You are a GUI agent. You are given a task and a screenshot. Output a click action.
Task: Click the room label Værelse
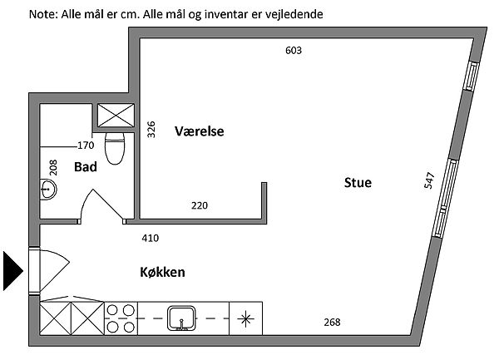point(200,131)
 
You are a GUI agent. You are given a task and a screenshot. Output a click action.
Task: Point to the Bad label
point(86,167)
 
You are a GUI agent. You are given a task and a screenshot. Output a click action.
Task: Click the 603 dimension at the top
point(293,50)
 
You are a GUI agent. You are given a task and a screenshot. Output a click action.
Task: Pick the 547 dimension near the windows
point(429,181)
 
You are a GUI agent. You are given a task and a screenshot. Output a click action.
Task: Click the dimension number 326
point(151,130)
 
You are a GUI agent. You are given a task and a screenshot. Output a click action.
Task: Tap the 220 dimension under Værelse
point(200,205)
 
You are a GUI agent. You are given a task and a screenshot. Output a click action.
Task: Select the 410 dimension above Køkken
point(151,239)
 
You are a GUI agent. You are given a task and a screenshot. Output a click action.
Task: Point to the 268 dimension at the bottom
point(331,323)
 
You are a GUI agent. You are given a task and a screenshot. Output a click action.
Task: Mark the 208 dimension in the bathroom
point(52,167)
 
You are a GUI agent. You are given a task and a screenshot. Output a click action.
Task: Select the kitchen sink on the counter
point(180,318)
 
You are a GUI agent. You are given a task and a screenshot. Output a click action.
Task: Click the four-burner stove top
point(121,318)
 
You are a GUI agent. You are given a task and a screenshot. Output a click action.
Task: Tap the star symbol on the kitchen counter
point(246,318)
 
